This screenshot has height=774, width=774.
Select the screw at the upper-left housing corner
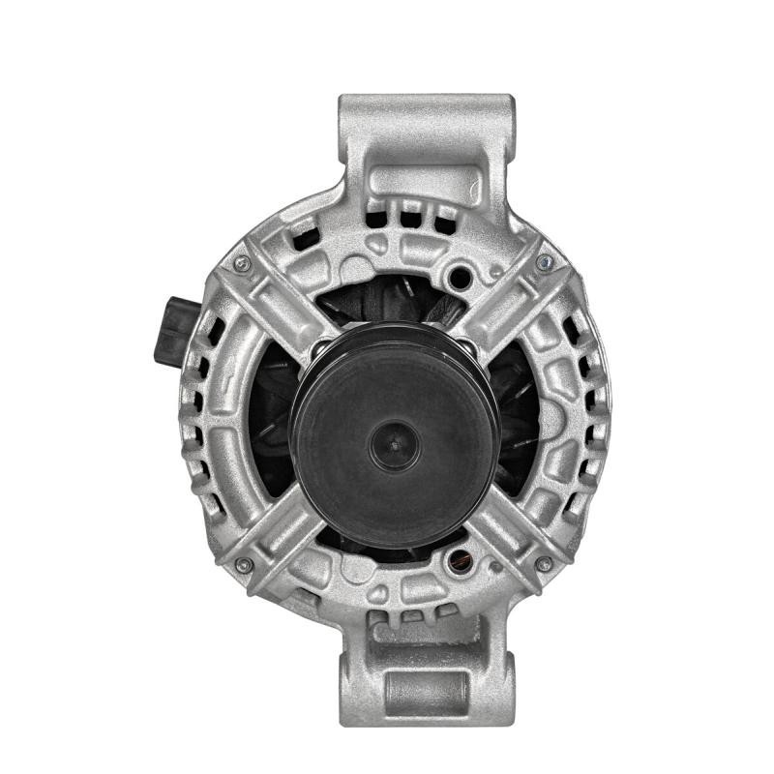(x=242, y=263)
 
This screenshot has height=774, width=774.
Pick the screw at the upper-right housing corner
(x=545, y=262)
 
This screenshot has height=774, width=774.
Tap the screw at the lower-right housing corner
(x=544, y=563)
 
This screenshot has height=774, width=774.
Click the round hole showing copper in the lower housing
(x=460, y=558)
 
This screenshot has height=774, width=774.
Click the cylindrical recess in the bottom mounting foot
(x=427, y=689)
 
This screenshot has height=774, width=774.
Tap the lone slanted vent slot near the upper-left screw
(x=304, y=235)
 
